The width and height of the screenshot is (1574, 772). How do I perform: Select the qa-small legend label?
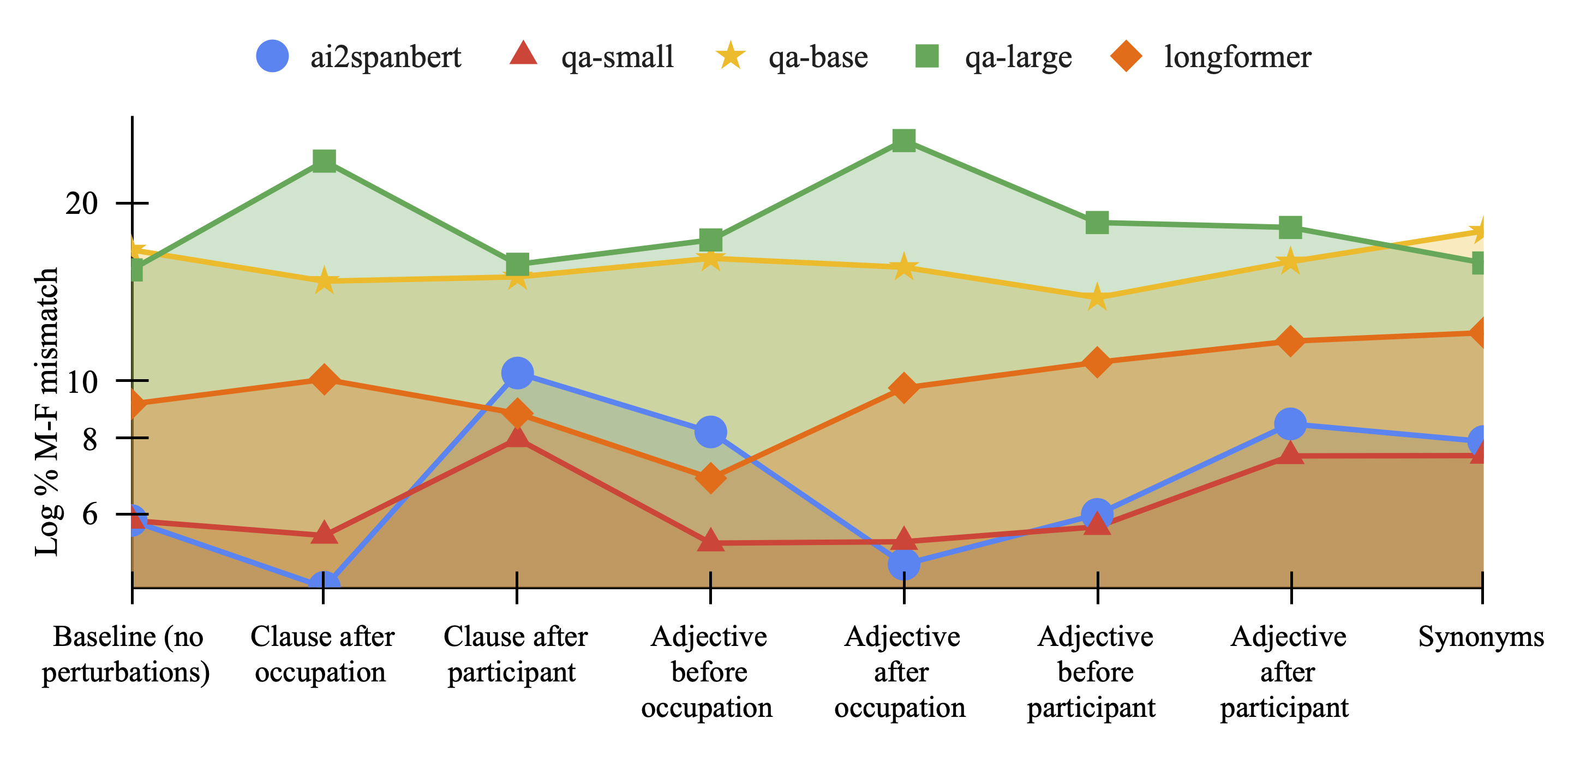pos(617,57)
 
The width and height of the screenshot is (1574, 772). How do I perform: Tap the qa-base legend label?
pos(817,57)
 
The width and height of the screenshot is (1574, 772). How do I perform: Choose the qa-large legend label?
pos(1018,57)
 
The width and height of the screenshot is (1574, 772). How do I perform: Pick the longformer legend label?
pos(1237,57)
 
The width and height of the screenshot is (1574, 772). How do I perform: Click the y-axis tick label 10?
pos(82,382)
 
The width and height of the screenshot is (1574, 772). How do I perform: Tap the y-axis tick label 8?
pos(90,439)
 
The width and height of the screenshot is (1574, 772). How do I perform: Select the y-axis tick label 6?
pos(90,514)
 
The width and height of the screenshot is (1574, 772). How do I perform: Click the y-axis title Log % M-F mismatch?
pos(47,411)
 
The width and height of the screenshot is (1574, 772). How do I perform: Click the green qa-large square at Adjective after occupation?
pos(903,140)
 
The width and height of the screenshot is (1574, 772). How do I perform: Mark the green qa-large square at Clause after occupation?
pos(324,161)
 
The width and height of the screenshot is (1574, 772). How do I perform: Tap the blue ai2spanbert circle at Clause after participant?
pos(517,373)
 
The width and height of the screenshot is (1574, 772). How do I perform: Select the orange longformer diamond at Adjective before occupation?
pos(710,477)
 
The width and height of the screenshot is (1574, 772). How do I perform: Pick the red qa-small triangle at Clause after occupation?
pos(324,534)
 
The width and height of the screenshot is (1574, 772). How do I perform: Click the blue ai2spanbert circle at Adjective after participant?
pos(1290,423)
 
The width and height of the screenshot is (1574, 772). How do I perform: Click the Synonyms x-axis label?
pos(1481,637)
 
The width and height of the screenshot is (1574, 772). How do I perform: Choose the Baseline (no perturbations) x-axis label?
pos(127,654)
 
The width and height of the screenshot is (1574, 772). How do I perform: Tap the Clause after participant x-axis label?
pos(514,654)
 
